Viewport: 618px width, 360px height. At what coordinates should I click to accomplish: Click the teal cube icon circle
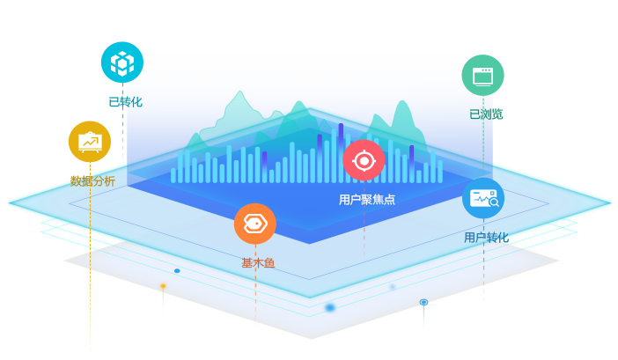(122, 62)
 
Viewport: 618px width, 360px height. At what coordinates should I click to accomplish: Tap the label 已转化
(125, 102)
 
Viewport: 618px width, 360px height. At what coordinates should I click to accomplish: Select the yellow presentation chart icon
(90, 142)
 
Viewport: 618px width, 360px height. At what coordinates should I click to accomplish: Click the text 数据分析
(92, 181)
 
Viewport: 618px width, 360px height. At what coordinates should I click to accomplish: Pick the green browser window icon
(482, 75)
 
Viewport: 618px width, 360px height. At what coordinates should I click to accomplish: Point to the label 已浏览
(486, 114)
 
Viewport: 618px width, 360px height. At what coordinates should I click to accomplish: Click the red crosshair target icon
(364, 161)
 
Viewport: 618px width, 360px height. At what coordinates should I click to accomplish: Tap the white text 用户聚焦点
(367, 200)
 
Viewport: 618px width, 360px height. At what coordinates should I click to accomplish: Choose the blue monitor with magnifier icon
(483, 198)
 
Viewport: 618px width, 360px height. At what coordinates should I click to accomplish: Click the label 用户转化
(486, 238)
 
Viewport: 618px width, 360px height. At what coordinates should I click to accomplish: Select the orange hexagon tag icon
(255, 224)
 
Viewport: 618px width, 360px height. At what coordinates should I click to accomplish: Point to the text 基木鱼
(258, 262)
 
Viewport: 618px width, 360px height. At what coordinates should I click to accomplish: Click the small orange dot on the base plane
(163, 286)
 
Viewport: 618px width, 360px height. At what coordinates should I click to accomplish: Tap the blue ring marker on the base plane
(423, 302)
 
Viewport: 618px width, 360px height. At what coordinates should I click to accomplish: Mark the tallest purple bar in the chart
(341, 153)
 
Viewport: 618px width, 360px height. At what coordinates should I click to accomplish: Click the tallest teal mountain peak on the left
(239, 93)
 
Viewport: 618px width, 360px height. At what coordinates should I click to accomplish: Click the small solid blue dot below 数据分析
(177, 271)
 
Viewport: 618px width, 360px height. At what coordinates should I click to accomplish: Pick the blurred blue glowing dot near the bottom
(330, 307)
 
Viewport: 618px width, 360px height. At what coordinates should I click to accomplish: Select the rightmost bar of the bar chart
(440, 172)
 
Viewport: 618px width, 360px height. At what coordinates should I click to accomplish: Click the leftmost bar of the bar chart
(173, 175)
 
